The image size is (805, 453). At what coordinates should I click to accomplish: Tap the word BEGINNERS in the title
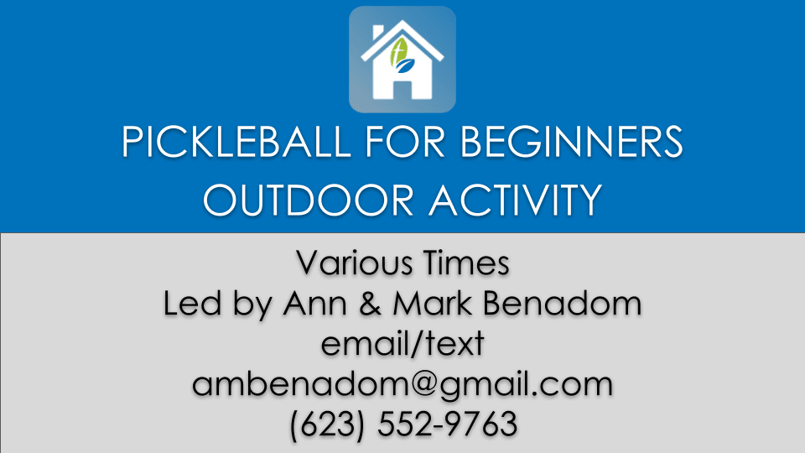tap(571, 141)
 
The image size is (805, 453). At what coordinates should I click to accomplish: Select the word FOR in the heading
tap(405, 141)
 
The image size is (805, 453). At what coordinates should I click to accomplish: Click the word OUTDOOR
tap(309, 200)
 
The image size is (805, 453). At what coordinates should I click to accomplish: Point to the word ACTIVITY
tap(515, 200)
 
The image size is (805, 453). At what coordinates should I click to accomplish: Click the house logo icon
tap(402, 60)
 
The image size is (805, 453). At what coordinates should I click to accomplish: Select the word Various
tap(354, 263)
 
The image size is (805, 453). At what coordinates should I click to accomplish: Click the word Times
tap(466, 263)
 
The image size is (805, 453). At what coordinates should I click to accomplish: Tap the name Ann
tap(314, 303)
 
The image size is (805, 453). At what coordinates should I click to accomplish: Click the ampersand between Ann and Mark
tap(370, 303)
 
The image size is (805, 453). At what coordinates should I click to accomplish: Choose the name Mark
tap(432, 303)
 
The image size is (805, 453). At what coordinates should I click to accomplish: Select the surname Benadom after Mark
tap(562, 303)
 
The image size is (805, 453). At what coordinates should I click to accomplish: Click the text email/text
tap(402, 344)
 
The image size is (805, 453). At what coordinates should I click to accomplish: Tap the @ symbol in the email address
tap(423, 385)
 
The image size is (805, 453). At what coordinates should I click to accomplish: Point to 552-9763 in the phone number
tap(447, 424)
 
